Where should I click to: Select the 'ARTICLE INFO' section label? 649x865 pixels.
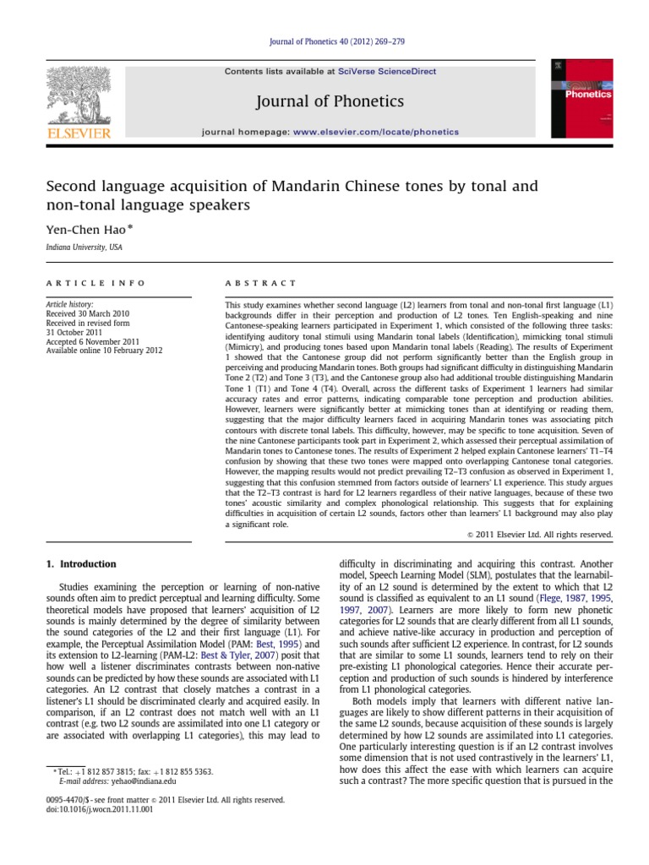pyautogui.click(x=95, y=282)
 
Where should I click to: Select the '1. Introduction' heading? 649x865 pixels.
pyautogui.click(x=81, y=563)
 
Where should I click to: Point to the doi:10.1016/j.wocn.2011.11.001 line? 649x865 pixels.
pyautogui.click(x=100, y=808)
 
